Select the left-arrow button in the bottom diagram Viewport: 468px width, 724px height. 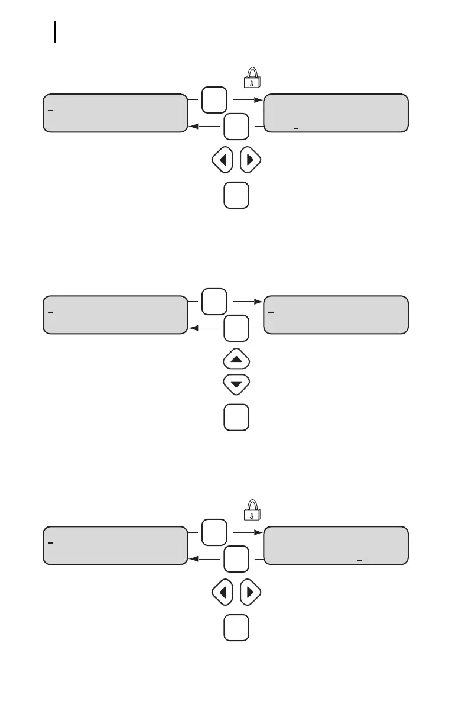222,592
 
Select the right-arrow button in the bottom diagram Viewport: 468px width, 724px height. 250,592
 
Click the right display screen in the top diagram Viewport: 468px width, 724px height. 336,112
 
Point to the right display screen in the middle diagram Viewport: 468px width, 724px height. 336,315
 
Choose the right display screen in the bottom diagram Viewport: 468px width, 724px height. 336,545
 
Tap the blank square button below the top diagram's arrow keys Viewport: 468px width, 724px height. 236,196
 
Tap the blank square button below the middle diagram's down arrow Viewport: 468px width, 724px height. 236,417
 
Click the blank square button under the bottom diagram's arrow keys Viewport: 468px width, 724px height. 236,628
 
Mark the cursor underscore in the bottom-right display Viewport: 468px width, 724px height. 359,558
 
